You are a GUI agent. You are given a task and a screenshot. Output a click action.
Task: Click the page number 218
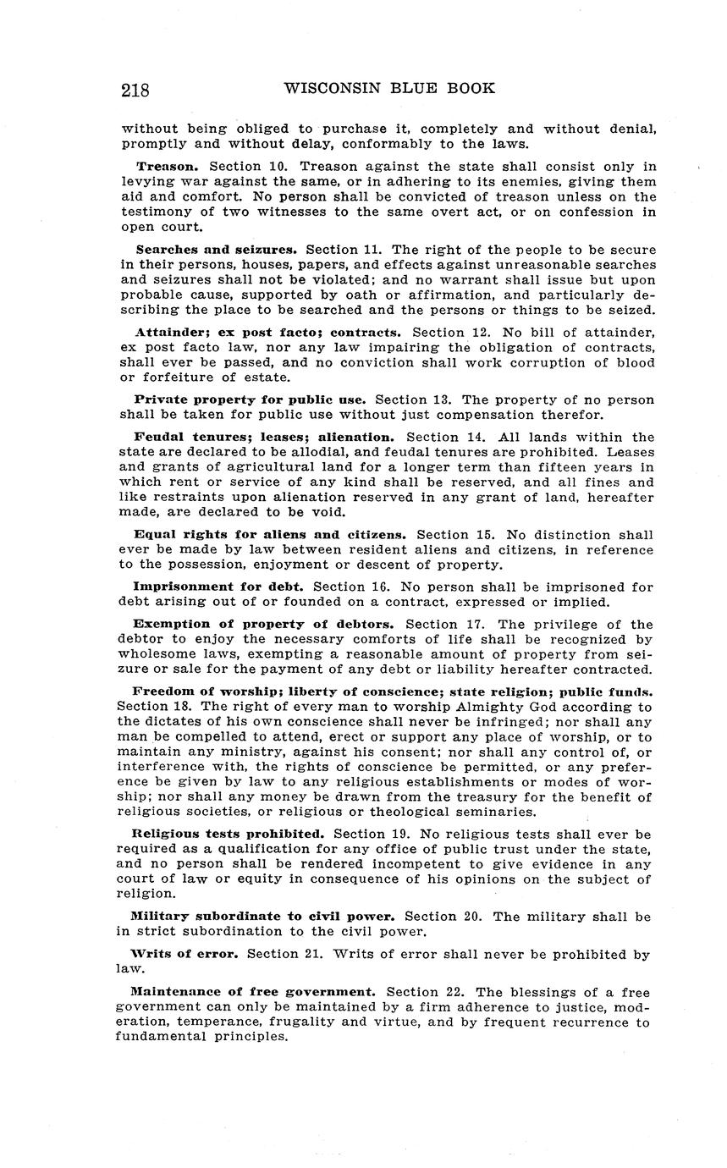tap(135, 91)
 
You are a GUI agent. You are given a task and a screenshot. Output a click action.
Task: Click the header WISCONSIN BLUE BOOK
tap(389, 88)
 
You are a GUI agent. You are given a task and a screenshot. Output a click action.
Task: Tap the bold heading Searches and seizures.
tap(216, 250)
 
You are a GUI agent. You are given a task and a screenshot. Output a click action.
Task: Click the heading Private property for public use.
tap(250, 399)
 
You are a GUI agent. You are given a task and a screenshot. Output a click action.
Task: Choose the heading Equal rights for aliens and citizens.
tap(270, 535)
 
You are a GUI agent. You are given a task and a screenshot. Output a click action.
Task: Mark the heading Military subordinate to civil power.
tap(262, 917)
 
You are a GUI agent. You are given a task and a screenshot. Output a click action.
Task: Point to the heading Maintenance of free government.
tap(253, 991)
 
